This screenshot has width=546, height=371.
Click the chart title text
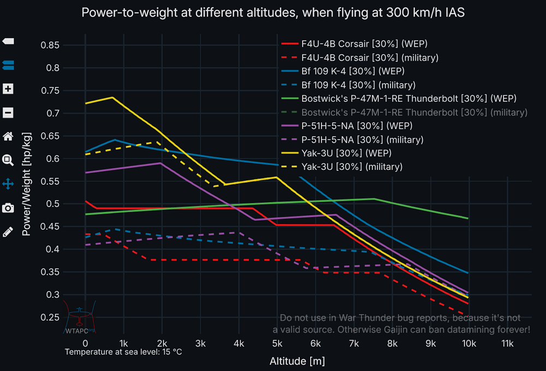273,13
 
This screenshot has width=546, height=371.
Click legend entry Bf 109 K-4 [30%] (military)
358,85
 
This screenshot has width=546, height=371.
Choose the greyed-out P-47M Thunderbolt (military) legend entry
414,112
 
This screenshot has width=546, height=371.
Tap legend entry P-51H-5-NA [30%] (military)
361,139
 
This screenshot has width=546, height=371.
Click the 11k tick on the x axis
507,343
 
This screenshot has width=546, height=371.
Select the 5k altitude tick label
277,343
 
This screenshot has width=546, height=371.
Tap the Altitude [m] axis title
297,361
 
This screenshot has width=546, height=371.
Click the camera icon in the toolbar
8,208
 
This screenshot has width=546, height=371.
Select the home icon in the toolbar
8,137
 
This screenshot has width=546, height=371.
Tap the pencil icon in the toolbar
8,232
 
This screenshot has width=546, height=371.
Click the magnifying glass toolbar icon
8,160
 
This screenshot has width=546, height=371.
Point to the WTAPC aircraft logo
80,317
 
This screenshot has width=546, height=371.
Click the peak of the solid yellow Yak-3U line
112,97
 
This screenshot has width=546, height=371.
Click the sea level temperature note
123,352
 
